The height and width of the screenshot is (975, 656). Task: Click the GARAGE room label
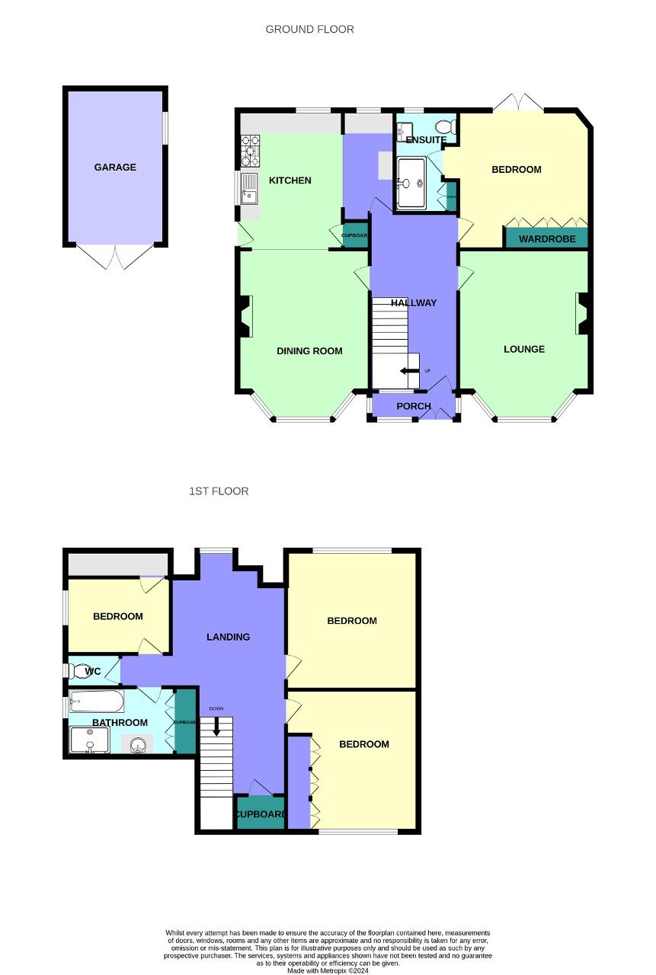point(115,168)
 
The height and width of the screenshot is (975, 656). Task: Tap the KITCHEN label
point(290,181)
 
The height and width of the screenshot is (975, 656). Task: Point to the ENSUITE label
point(426,140)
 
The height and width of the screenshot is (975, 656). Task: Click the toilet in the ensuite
point(443,126)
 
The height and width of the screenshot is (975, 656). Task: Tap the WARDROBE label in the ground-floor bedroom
point(546,239)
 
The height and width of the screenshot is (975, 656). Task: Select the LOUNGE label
point(524,350)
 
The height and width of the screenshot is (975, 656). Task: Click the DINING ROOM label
point(309,351)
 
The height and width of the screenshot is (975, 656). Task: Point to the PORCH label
point(414,407)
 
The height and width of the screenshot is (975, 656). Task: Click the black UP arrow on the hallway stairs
point(410,372)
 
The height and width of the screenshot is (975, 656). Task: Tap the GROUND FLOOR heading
point(309,30)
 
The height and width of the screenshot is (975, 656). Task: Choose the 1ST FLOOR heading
point(219,491)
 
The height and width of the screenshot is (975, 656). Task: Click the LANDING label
point(229,637)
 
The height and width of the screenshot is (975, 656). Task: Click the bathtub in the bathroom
point(97,701)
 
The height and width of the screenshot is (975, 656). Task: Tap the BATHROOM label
point(120,723)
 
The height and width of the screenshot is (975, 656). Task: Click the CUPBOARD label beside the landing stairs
point(260,814)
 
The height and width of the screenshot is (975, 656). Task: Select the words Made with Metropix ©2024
point(328,971)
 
